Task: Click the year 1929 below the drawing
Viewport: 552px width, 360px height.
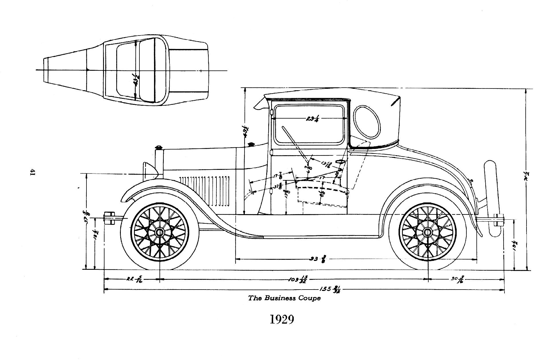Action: (x=282, y=319)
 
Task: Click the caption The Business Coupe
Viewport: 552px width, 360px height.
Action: (x=284, y=298)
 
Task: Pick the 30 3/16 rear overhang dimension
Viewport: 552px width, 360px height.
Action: (x=457, y=279)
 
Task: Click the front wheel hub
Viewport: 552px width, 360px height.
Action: (x=159, y=232)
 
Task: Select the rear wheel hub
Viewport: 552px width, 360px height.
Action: (x=428, y=232)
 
